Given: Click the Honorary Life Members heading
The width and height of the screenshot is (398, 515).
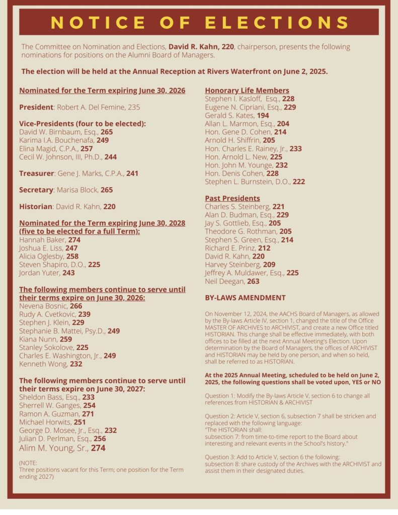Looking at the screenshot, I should tap(247, 91).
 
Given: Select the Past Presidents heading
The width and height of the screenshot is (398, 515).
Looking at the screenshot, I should tap(232, 198).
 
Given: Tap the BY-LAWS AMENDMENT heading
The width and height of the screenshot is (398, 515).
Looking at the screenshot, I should tap(245, 298).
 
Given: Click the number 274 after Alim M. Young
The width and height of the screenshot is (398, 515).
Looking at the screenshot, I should tap(98, 447).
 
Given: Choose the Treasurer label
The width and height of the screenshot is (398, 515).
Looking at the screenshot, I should tap(36, 173).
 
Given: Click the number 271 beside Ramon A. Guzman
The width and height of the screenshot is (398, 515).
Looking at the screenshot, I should tap(88, 413).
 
